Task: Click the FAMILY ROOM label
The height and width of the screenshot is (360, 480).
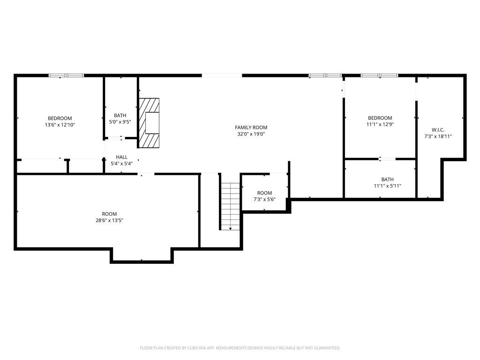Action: pyautogui.click(x=251, y=127)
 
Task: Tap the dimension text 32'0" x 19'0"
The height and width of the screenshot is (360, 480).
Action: pyautogui.click(x=251, y=134)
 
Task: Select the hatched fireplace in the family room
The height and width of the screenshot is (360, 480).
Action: pyautogui.click(x=149, y=123)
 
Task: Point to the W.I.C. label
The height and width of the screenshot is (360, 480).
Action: pyautogui.click(x=438, y=130)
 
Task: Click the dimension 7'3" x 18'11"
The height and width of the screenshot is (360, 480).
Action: pyautogui.click(x=438, y=136)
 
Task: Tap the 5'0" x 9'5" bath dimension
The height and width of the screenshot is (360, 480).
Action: pyautogui.click(x=120, y=122)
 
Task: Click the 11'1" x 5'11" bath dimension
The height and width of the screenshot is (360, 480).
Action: pyautogui.click(x=387, y=186)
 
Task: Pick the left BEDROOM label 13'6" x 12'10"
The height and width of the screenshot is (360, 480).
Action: pyautogui.click(x=60, y=119)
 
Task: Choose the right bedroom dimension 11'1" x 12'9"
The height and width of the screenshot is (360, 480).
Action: pyautogui.click(x=380, y=125)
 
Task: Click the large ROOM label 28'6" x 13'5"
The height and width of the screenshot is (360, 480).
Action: pyautogui.click(x=109, y=214)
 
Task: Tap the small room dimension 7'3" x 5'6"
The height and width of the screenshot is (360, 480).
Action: pyautogui.click(x=264, y=199)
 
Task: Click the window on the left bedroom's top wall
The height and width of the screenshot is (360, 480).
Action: pyautogui.click(x=67, y=75)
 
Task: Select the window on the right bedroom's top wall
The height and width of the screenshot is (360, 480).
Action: pyautogui.click(x=379, y=75)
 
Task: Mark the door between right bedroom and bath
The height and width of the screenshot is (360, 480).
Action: pyautogui.click(x=387, y=159)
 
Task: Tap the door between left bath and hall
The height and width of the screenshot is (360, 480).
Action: pyautogui.click(x=115, y=138)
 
